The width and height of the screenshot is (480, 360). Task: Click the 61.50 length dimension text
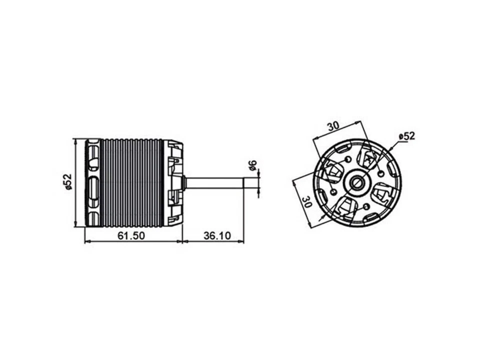coord(131,235)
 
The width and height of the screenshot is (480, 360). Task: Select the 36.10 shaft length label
coord(217,235)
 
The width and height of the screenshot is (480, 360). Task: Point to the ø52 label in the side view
coord(68,182)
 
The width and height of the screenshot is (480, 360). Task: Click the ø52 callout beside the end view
coord(406,136)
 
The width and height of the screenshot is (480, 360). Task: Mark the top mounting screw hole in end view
coord(347,159)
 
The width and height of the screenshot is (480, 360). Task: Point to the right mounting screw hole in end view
coord(381,172)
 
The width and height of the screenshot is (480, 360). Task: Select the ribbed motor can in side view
coord(132,183)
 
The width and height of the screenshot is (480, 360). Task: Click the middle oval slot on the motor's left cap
coord(93,185)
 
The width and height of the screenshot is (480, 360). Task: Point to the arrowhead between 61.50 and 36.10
coord(182,242)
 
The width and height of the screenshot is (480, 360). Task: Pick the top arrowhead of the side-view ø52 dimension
coord(74,140)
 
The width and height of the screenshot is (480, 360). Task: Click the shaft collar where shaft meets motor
coord(185,182)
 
